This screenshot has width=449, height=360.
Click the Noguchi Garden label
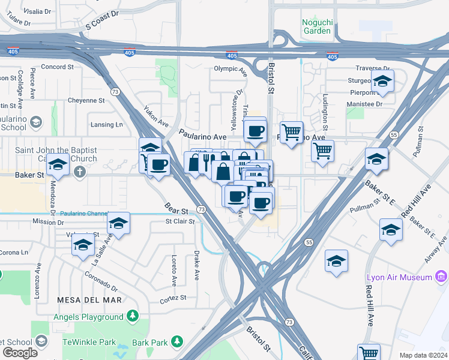tap(316, 26)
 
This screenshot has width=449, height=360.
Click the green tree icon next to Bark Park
tap(176, 341)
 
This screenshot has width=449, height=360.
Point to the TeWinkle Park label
tap(89, 341)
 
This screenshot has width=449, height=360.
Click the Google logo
tap(20, 353)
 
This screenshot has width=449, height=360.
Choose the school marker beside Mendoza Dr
tap(58, 164)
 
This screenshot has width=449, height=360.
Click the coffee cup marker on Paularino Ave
tap(255, 130)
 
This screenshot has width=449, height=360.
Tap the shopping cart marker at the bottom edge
tap(369, 353)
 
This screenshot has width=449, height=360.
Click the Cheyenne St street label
tap(86, 100)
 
